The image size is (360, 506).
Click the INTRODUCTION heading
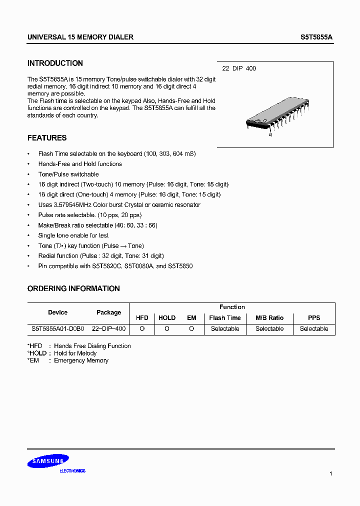click(x=55, y=63)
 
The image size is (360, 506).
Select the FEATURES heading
click(x=47, y=138)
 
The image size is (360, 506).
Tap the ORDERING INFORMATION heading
click(x=73, y=288)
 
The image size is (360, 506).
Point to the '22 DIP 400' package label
click(x=239, y=68)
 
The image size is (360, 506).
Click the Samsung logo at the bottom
click(x=48, y=462)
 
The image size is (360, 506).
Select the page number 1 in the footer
click(x=331, y=473)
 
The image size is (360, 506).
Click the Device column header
click(x=57, y=312)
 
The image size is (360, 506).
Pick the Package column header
click(x=108, y=312)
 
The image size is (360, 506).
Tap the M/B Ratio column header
click(x=269, y=318)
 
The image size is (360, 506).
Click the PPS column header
click(x=314, y=318)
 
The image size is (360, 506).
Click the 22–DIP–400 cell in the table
click(x=108, y=329)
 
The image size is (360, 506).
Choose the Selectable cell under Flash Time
click(x=225, y=329)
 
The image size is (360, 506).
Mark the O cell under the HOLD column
click(x=167, y=329)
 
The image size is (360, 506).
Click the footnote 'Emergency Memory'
click(x=81, y=360)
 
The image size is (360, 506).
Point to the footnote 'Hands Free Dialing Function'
click(x=92, y=346)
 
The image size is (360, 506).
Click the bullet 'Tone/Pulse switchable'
click(x=68, y=174)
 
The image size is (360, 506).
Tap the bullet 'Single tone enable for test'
click(x=73, y=235)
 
